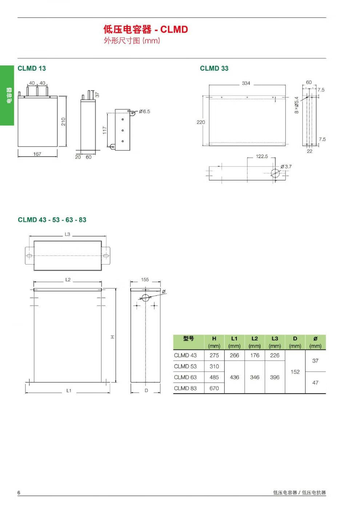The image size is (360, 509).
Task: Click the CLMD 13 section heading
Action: click(32, 68)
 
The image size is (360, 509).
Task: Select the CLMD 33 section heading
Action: click(214, 68)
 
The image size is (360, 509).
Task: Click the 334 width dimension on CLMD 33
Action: click(246, 83)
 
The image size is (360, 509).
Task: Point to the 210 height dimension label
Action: click(63, 122)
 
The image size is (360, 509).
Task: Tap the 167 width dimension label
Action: click(37, 154)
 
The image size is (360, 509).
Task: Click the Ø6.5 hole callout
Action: click(145, 111)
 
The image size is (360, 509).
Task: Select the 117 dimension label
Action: click(104, 130)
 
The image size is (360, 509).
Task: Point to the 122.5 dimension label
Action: click(262, 156)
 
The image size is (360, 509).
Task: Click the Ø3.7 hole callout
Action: click(286, 166)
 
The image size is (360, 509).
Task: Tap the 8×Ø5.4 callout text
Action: click(297, 105)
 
